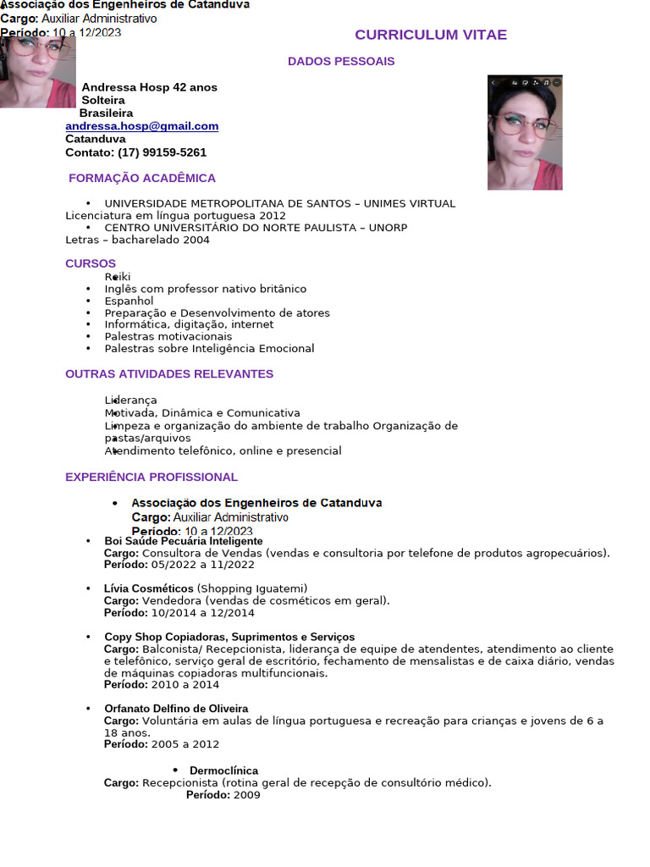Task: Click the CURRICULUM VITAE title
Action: [431, 35]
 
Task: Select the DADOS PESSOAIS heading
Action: [341, 61]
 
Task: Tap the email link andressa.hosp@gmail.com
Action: [142, 126]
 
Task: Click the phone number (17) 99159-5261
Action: [162, 152]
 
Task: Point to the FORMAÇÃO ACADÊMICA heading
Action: [142, 178]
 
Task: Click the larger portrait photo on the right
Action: [525, 132]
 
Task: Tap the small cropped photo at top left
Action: [37, 71]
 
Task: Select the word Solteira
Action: [103, 100]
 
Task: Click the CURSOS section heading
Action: [91, 263]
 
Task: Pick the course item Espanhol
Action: [129, 301]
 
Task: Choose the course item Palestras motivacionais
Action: [168, 336]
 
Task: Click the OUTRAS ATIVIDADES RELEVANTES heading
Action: [169, 373]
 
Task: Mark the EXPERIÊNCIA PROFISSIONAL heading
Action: [151, 477]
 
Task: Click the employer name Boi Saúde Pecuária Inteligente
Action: [184, 541]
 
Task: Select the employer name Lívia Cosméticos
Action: [149, 588]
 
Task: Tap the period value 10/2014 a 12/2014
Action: [203, 612]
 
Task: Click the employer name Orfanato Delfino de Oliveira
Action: [176, 708]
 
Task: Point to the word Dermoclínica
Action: [224, 770]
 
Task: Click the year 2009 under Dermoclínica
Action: [247, 795]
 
